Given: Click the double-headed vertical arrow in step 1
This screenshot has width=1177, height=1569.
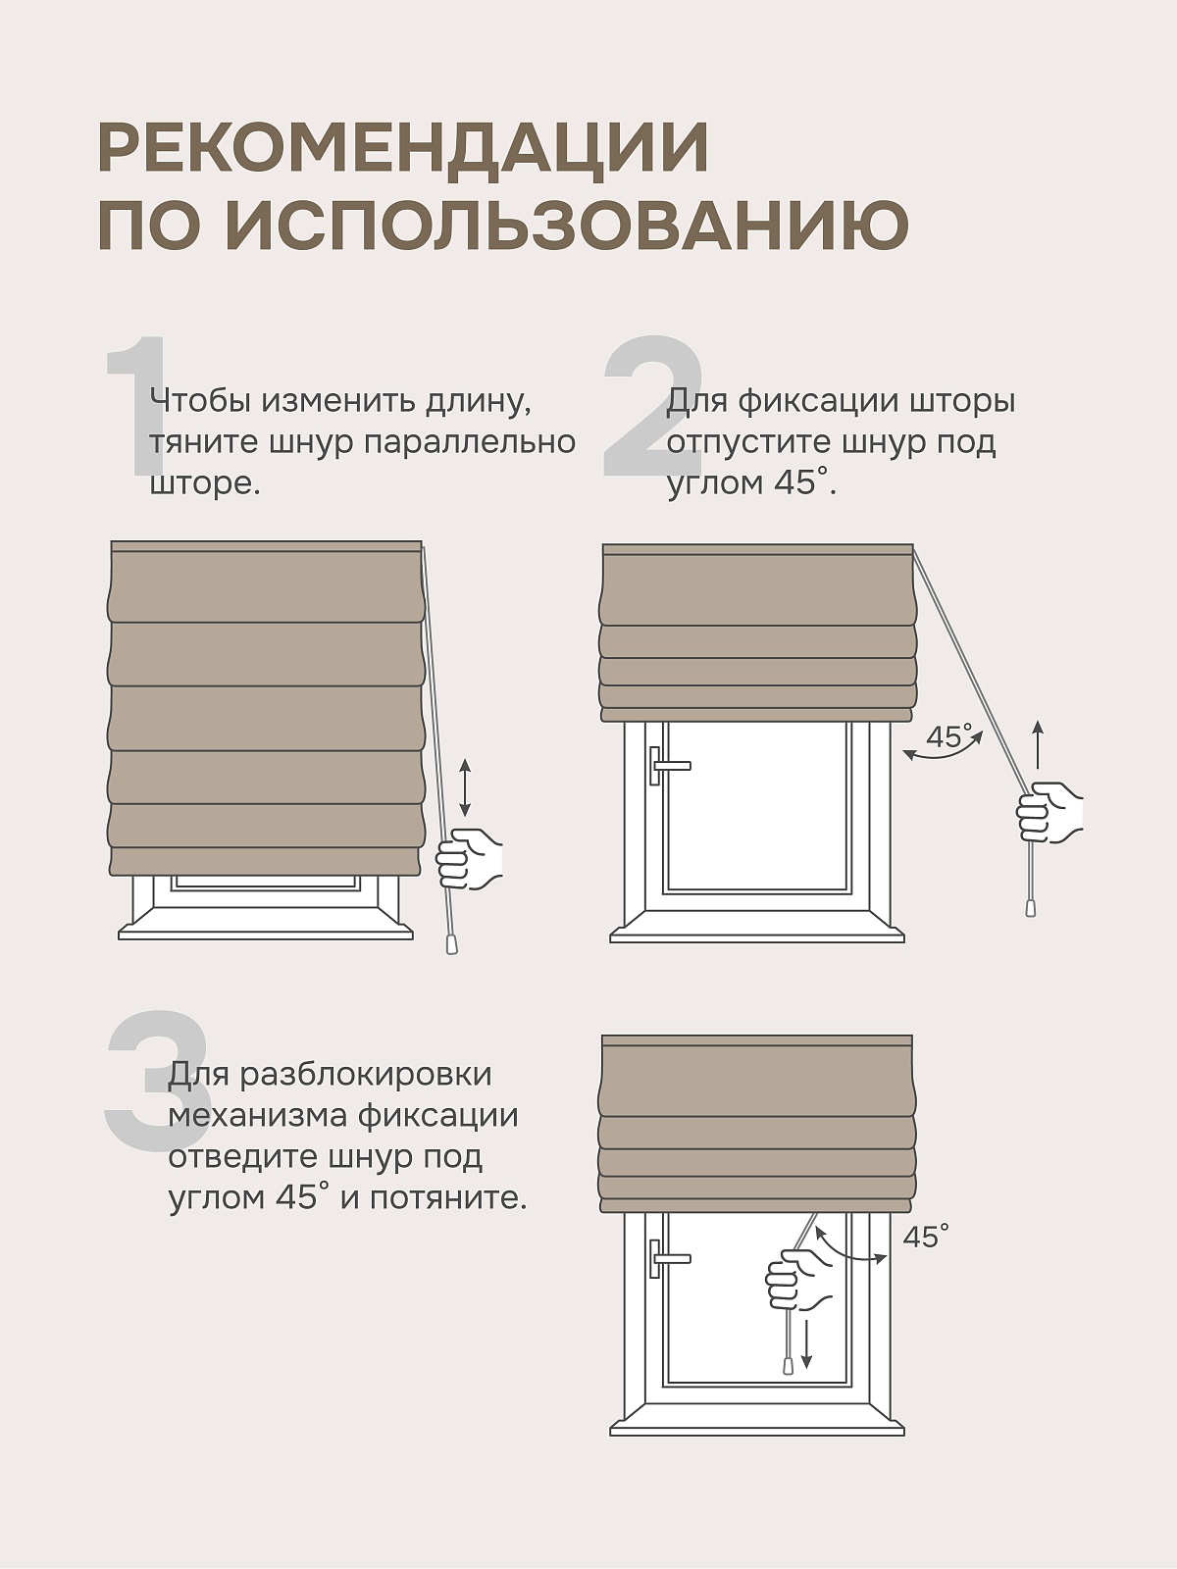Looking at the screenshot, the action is tap(465, 787).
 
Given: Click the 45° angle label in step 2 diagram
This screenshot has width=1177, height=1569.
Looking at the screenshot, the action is tap(949, 736).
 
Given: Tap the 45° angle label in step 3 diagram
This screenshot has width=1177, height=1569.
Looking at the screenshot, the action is tap(926, 1237).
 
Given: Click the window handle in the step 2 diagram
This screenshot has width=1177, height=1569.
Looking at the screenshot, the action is tap(668, 766).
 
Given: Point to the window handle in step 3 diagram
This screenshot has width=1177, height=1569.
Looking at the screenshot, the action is tap(668, 1259).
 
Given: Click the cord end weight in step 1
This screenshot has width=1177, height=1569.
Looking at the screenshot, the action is tap(451, 944).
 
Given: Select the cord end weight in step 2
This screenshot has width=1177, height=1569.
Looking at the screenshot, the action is tap(1031, 908).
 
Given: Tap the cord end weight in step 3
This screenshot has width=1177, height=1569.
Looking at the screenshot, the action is tap(789, 1365).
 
